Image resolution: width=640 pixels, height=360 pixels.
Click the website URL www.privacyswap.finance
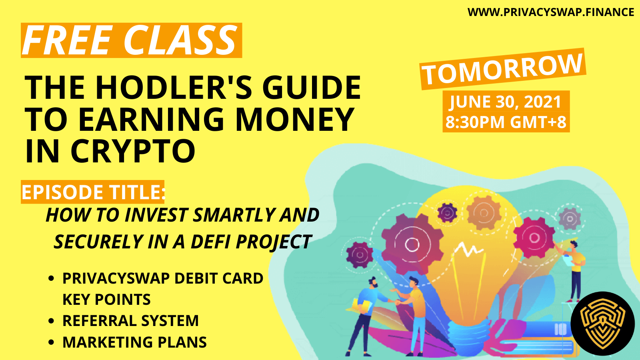tap(550, 12)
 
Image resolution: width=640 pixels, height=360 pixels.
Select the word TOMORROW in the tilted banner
tap(502, 69)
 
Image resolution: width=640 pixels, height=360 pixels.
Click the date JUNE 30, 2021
tap(506, 102)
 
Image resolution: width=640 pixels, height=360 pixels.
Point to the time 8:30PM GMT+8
tap(506, 122)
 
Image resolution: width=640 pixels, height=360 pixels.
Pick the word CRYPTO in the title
tap(133, 150)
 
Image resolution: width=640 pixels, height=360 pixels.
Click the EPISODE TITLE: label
tap(93, 192)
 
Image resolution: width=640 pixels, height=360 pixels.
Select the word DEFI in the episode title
tap(210, 242)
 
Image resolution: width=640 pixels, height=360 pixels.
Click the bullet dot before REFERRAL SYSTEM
tap(52, 320)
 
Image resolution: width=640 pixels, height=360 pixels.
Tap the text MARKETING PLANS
tap(134, 342)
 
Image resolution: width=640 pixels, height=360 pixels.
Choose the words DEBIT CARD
tap(218, 278)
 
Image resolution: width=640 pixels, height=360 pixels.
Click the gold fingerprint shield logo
tap(603, 324)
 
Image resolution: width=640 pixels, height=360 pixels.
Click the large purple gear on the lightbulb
tap(412, 244)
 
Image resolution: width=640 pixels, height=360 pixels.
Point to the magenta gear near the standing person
tap(534, 237)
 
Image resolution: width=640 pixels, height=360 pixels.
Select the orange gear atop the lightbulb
tap(484, 213)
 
